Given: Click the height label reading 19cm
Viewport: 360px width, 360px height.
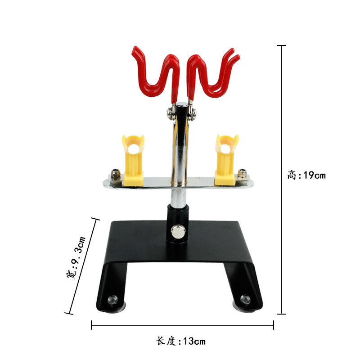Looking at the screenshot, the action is pyautogui.click(x=306, y=175).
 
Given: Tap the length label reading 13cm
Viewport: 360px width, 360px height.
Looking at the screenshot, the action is pyautogui.click(x=181, y=341).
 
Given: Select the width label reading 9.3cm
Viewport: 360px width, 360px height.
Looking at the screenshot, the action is pyautogui.click(x=76, y=257).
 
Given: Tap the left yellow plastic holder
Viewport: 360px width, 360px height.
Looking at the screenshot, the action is pyautogui.click(x=133, y=160).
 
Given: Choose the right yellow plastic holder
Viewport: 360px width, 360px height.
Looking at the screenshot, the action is pyautogui.click(x=226, y=160).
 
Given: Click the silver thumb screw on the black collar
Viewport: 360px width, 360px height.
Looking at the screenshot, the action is pyautogui.click(x=178, y=232).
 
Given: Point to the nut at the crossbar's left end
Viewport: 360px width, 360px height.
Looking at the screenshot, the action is pyautogui.click(x=115, y=174).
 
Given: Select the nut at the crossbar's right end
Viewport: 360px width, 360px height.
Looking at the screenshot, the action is pyautogui.click(x=243, y=173).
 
